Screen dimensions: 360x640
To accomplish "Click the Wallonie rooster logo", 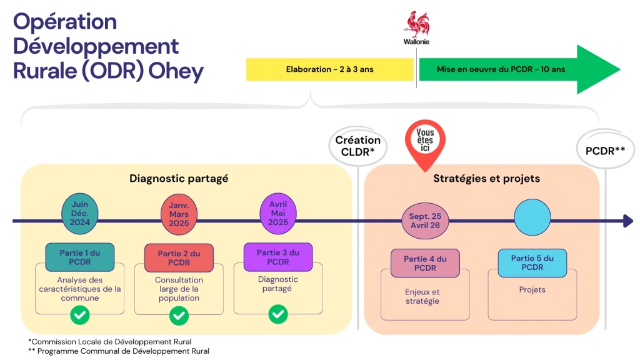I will [416, 25].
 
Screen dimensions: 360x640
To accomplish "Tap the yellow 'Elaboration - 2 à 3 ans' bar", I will [329, 69].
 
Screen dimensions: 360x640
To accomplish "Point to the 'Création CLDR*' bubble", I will [358, 146].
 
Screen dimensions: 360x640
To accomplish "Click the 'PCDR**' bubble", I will [605, 150].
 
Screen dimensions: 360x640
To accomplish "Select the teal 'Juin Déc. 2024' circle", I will [80, 214].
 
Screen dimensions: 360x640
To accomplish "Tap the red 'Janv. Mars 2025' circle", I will [179, 214].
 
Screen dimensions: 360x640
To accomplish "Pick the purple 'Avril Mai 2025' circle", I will [278, 214].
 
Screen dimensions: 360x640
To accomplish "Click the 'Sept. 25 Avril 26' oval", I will [425, 221].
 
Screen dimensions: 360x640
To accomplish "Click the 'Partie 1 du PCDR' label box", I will [79, 257].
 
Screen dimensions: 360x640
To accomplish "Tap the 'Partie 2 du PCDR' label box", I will [179, 257].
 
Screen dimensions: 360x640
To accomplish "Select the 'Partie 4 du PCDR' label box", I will [425, 262].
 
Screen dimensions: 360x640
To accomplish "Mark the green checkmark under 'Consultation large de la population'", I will [179, 315].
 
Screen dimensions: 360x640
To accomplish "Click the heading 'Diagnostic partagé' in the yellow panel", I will [179, 178].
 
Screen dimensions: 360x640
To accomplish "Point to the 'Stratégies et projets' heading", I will [486, 178].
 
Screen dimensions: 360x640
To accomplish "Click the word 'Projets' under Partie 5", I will [532, 290].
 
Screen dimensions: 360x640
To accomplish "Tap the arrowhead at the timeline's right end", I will [627, 221].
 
